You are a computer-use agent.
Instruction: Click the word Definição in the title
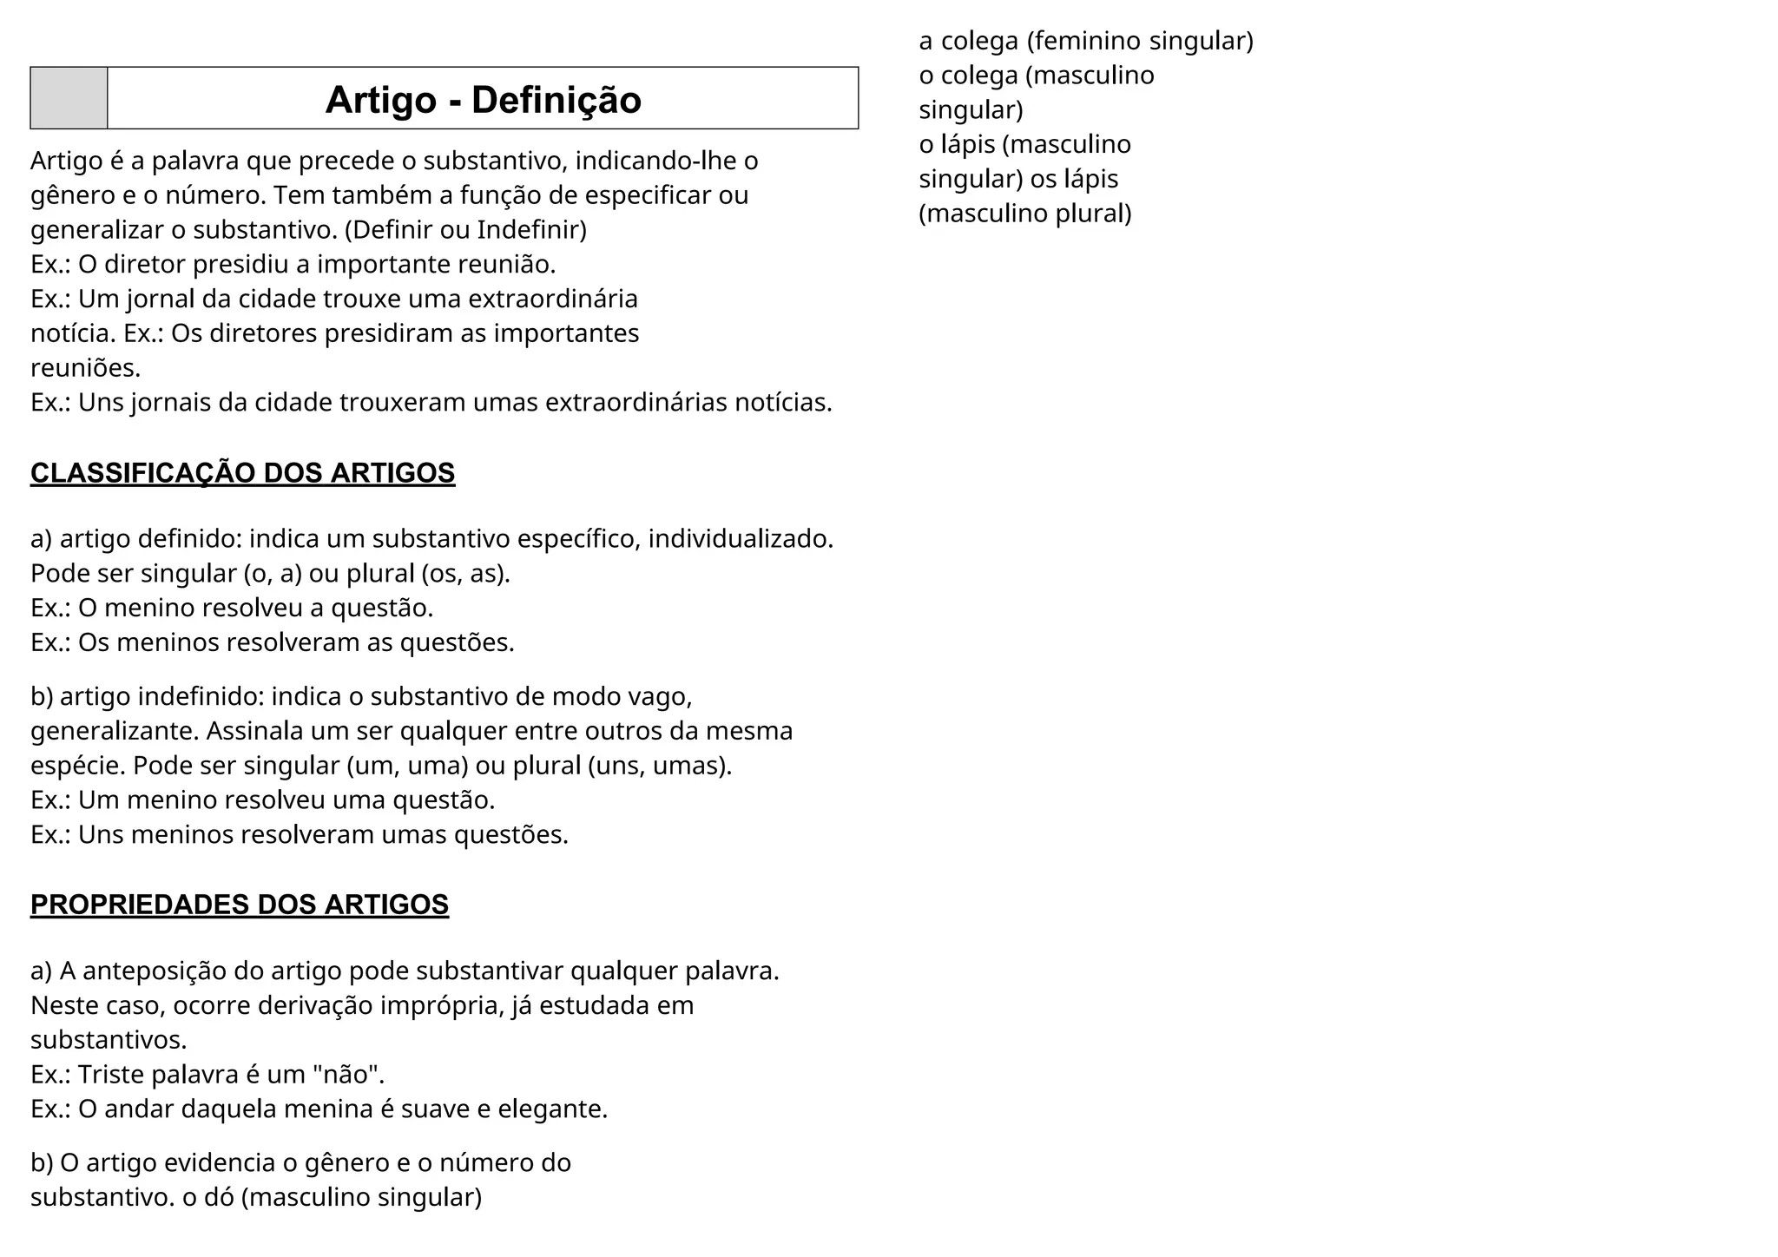556,100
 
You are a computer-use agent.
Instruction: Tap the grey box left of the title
69,98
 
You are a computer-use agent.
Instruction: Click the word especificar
649,195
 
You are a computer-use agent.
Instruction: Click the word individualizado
741,539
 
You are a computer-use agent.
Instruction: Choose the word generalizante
115,731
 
